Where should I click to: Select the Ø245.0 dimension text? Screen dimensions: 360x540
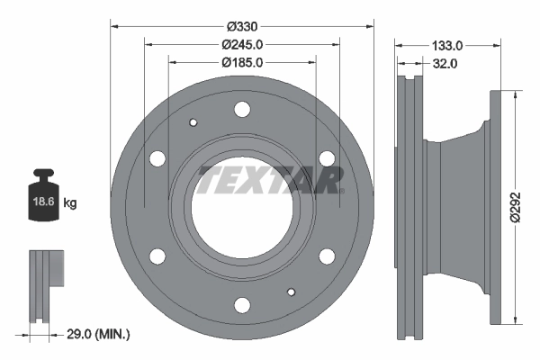coord(241,44)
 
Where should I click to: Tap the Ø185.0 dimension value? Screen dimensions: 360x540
coord(241,63)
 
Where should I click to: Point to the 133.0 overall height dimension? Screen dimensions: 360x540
coord(446,44)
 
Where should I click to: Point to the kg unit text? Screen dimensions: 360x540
coord(70,203)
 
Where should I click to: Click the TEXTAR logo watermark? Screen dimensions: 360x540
coord(270,178)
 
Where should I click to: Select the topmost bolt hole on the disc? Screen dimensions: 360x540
coord(241,110)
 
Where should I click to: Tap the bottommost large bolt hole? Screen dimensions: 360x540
coord(241,305)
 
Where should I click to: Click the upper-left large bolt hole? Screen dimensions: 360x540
coord(157,159)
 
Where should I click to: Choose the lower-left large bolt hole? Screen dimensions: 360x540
coord(157,256)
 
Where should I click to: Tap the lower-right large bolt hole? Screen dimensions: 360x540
coord(326,256)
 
